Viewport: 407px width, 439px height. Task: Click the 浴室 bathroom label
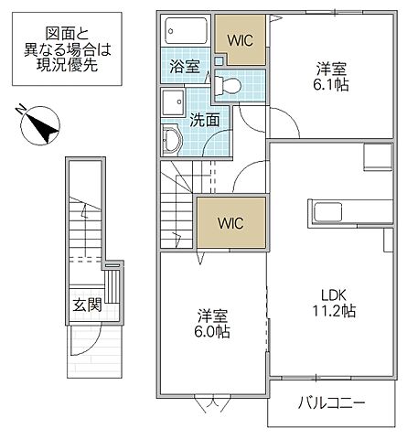point(186,66)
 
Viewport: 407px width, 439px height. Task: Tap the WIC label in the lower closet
point(230,222)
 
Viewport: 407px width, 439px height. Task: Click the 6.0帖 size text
point(213,332)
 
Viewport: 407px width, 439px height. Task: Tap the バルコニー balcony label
point(332,402)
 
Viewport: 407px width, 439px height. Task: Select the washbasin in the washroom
point(171,140)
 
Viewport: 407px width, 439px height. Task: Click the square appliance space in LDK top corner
point(377,156)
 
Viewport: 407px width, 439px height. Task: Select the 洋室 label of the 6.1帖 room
point(331,68)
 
